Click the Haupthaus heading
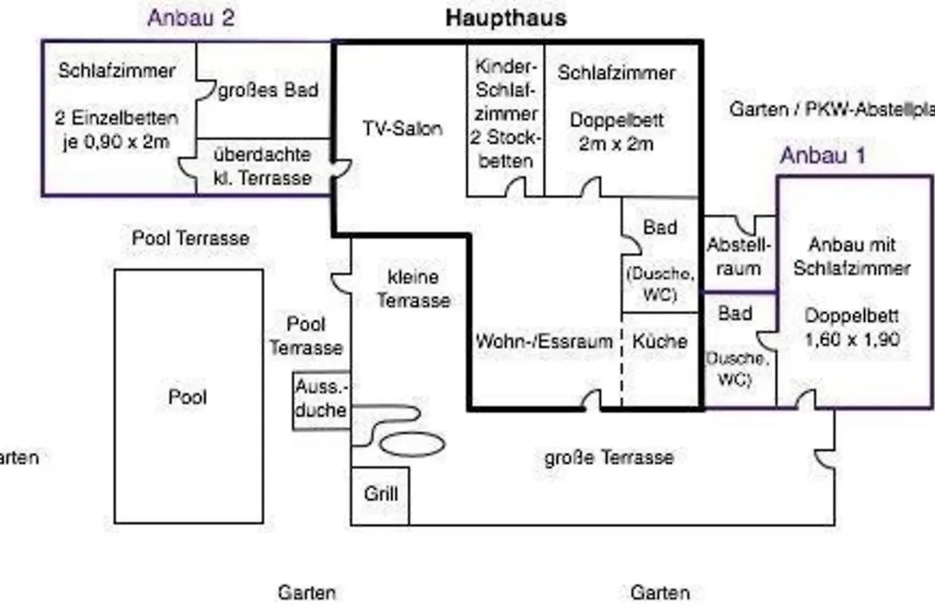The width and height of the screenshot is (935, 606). tap(506, 18)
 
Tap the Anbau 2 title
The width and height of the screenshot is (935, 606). tap(190, 18)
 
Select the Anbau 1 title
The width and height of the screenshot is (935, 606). tap(822, 156)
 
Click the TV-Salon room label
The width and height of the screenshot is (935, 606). tap(403, 128)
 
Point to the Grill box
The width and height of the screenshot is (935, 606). tap(380, 496)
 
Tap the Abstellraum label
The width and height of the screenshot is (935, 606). tap(738, 256)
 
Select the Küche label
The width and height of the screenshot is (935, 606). tap(660, 341)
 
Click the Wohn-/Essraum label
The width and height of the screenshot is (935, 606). tap(544, 341)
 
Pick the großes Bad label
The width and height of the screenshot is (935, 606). tap(268, 91)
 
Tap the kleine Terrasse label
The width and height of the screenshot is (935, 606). tap(413, 288)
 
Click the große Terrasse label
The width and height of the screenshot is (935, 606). tap(609, 457)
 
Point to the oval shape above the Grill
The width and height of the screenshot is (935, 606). tap(412, 444)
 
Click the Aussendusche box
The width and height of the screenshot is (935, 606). tap(321, 400)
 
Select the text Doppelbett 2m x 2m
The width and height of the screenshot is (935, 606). tap(616, 132)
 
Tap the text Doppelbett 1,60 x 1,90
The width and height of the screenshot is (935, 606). tap(852, 327)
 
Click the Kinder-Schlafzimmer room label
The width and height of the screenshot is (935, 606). tap(505, 113)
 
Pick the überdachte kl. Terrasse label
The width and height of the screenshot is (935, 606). tap(262, 166)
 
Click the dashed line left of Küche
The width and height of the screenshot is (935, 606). tap(622, 359)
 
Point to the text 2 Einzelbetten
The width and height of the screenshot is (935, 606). tap(116, 118)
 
